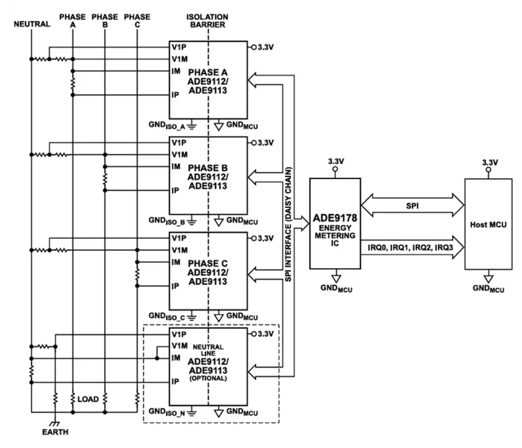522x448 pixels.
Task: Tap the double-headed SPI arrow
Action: [413, 205]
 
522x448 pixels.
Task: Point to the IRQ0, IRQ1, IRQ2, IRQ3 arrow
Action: [413, 247]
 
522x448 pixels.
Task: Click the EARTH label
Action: [55, 432]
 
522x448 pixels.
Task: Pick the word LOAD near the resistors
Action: [88, 399]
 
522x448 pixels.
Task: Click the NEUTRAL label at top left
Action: [32, 24]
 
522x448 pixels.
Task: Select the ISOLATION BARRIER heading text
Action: [208, 21]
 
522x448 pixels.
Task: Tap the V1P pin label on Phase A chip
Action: [179, 47]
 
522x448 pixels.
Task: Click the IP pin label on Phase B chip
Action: [175, 190]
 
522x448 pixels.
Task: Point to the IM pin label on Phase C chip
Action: [176, 262]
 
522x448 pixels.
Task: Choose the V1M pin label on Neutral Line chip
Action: [179, 346]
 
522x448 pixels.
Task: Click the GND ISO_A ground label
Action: [167, 126]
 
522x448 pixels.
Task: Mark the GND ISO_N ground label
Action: [167, 412]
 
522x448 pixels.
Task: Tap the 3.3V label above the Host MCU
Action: [490, 162]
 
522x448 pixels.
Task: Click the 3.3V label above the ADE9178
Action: [336, 161]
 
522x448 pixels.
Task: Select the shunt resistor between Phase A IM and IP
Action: [73, 83]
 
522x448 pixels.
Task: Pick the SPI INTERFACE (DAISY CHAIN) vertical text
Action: [288, 224]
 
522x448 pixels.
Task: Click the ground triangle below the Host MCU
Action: [489, 279]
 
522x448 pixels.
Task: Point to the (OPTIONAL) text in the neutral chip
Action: [208, 378]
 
